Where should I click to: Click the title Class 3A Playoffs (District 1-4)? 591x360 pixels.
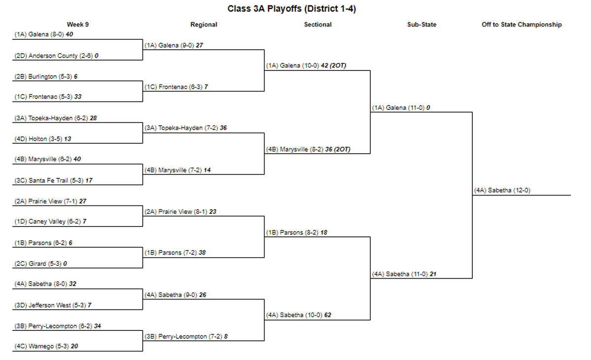(x=292, y=9)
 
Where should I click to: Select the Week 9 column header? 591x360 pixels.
(x=78, y=25)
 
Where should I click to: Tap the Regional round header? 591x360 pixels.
(x=204, y=25)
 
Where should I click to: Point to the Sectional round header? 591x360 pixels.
(x=318, y=25)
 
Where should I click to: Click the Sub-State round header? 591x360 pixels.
(x=422, y=25)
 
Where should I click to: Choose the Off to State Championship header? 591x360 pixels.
(x=522, y=25)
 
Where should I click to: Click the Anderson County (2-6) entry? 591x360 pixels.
(x=56, y=56)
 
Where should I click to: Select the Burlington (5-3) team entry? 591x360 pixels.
(x=46, y=76)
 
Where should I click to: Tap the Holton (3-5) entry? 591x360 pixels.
(x=43, y=139)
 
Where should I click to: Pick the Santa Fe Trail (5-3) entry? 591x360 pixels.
(x=53, y=180)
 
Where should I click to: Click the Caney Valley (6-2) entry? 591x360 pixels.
(x=50, y=221)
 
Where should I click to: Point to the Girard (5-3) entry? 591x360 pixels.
(x=40, y=263)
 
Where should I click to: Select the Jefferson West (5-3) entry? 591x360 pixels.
(x=53, y=305)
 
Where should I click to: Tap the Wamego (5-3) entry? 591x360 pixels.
(x=46, y=346)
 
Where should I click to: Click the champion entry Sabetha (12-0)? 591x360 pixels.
(x=502, y=190)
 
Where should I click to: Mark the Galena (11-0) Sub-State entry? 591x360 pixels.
(x=401, y=107)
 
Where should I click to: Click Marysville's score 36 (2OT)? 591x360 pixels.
(x=338, y=149)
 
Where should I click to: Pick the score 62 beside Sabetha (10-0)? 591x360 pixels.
(x=328, y=315)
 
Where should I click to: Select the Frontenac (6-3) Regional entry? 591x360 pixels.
(x=176, y=87)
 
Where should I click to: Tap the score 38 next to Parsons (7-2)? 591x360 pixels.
(x=202, y=253)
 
